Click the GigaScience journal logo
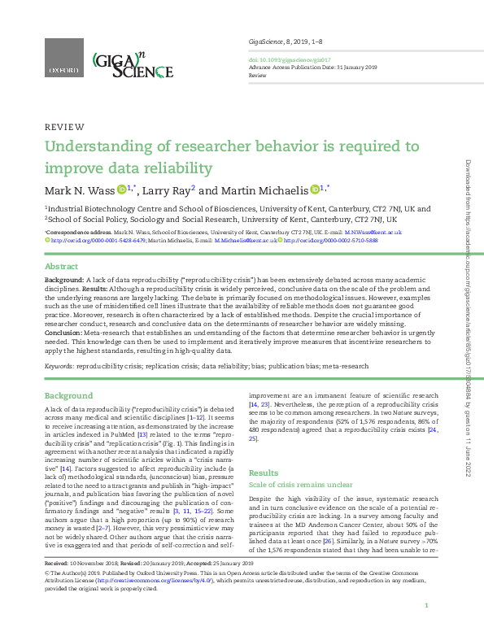(132, 64)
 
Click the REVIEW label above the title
(64, 127)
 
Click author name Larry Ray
(167, 191)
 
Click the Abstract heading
(61, 267)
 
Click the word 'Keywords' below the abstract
(59, 367)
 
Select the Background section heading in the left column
(69, 395)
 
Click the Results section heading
(263, 473)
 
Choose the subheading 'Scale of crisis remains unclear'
(299, 485)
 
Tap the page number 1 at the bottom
(426, 606)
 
